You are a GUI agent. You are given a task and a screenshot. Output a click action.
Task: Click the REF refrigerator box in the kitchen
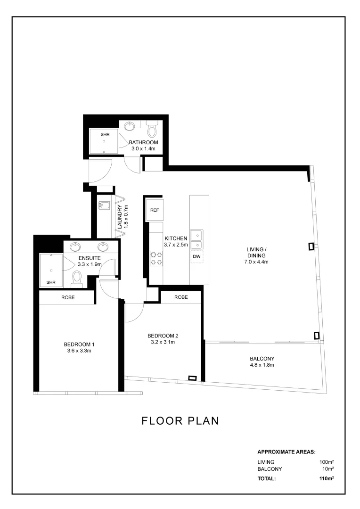pyautogui.click(x=155, y=210)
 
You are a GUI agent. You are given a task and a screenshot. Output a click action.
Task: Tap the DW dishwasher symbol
pyautogui.click(x=196, y=256)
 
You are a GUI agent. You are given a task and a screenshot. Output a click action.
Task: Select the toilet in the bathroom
pyautogui.click(x=152, y=129)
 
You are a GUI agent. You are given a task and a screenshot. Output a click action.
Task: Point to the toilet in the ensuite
pyautogui.click(x=77, y=279)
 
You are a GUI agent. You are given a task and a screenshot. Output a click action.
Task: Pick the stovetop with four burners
pyautogui.click(x=155, y=258)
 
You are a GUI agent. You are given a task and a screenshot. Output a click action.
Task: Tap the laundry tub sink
pyautogui.click(x=104, y=205)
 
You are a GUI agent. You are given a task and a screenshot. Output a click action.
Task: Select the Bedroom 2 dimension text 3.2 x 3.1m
pyautogui.click(x=163, y=342)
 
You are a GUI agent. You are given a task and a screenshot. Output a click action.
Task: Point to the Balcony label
pyautogui.click(x=262, y=359)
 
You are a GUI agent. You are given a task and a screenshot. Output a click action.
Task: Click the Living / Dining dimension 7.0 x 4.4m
pyautogui.click(x=256, y=262)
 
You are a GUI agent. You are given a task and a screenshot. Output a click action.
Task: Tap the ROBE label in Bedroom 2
pyautogui.click(x=181, y=297)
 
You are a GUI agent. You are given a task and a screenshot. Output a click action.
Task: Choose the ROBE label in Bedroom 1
pyautogui.click(x=68, y=297)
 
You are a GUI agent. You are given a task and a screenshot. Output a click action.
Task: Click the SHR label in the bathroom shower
pyautogui.click(x=105, y=134)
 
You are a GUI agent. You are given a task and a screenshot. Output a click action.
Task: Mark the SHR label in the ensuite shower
pyautogui.click(x=51, y=282)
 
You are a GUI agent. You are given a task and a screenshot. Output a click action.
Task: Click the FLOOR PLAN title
pyautogui.click(x=180, y=421)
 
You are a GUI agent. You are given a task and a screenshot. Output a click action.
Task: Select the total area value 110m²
pyautogui.click(x=327, y=478)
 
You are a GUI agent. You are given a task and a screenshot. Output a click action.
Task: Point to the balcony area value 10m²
pyautogui.click(x=328, y=469)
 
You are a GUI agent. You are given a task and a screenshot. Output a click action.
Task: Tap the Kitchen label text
pyautogui.click(x=176, y=238)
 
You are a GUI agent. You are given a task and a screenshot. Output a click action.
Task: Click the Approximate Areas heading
pyautogui.click(x=286, y=452)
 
